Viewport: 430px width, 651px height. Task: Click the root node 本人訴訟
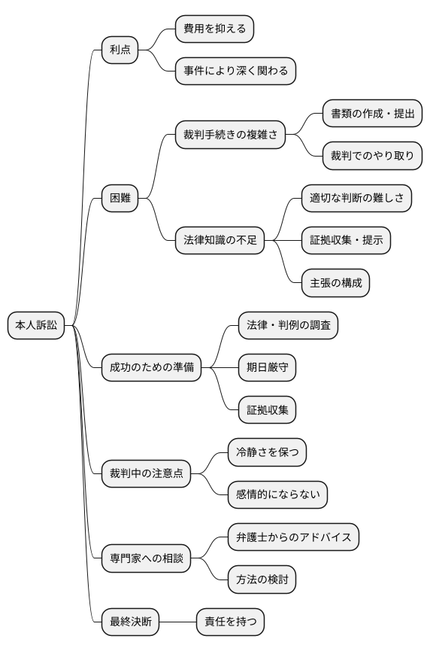pyautogui.click(x=36, y=325)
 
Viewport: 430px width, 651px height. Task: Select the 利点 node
pyautogui.click(x=120, y=50)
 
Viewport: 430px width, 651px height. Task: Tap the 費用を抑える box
pyautogui.click(x=214, y=29)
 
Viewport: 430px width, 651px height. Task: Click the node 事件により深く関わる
pyautogui.click(x=235, y=71)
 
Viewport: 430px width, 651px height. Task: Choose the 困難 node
pyautogui.click(x=120, y=199)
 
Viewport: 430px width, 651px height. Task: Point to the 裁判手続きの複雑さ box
pyautogui.click(x=230, y=135)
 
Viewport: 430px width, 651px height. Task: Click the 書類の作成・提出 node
pyautogui.click(x=372, y=114)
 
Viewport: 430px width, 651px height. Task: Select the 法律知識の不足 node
pyautogui.click(x=220, y=241)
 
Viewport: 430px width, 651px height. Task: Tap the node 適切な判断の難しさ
pyautogui.click(x=356, y=199)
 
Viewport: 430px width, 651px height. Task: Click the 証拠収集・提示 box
pyautogui.click(x=346, y=241)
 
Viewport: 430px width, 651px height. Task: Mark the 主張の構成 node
pyautogui.click(x=335, y=283)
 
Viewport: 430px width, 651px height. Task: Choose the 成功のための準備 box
pyautogui.click(x=151, y=367)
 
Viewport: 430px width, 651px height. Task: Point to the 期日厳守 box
pyautogui.click(x=267, y=367)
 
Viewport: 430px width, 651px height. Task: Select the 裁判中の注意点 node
pyautogui.click(x=146, y=473)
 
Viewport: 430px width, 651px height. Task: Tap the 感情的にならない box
pyautogui.click(x=277, y=494)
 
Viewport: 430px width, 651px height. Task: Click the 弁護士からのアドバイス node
pyautogui.click(x=293, y=537)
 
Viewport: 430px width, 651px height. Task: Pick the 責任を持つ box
pyautogui.click(x=230, y=622)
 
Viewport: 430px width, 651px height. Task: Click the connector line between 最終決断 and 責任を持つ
pyautogui.click(x=177, y=622)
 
